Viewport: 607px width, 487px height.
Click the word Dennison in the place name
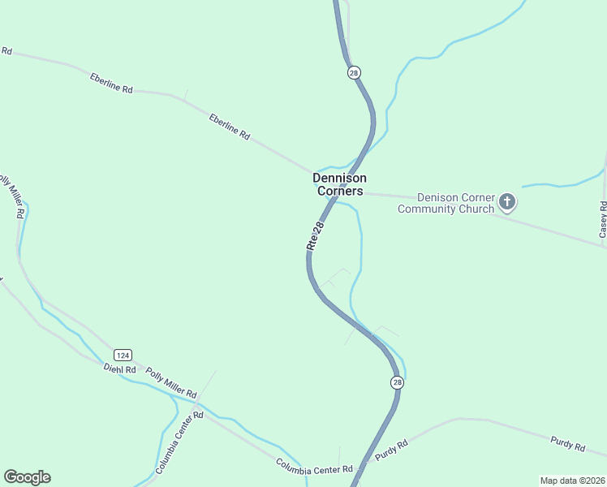(x=340, y=178)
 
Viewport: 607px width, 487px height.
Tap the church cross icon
(x=507, y=202)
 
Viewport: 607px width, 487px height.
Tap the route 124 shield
(x=123, y=356)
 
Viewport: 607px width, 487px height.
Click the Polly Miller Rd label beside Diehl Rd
(x=170, y=383)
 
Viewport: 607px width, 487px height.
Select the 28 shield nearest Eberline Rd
(x=354, y=73)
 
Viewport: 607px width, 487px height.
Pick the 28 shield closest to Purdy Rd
(x=397, y=381)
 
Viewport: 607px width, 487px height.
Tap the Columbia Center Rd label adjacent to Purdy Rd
(x=314, y=468)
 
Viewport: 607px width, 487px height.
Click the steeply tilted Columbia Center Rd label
(x=179, y=442)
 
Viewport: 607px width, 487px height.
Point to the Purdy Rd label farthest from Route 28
(x=567, y=444)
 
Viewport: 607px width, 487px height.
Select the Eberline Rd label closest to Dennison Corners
(x=229, y=126)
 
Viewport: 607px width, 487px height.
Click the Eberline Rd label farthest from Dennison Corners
(x=112, y=83)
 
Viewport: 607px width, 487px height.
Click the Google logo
(x=27, y=477)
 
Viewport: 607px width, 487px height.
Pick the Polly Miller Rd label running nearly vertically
(x=11, y=196)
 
